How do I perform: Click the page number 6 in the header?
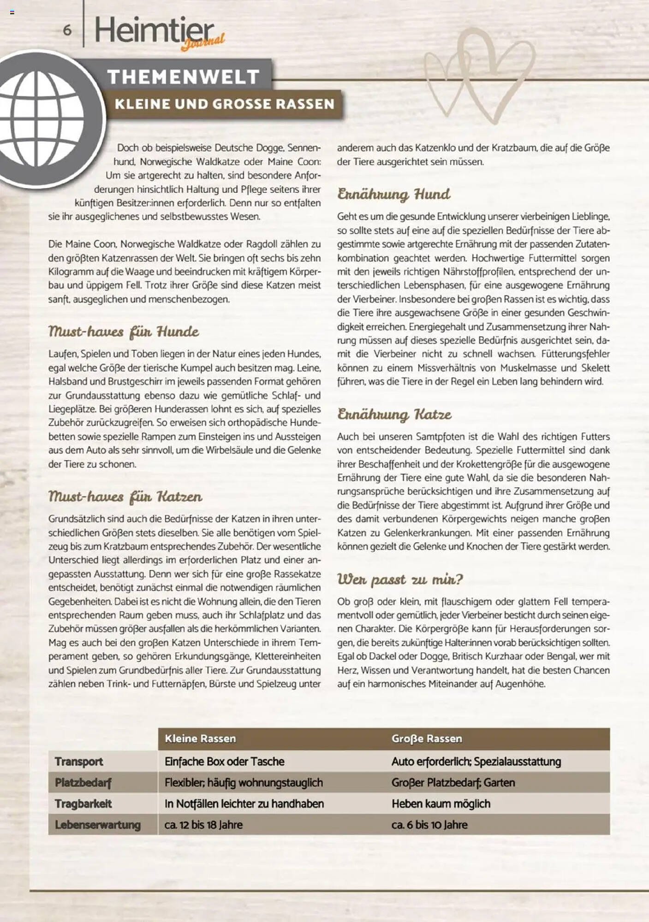[67, 30]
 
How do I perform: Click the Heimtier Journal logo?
[157, 32]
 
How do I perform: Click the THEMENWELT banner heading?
[183, 77]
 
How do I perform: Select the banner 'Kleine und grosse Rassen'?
[225, 104]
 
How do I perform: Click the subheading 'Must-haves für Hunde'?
[124, 331]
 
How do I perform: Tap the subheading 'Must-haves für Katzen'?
[125, 496]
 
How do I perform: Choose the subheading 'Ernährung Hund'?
[393, 194]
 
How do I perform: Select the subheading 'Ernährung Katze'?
[394, 414]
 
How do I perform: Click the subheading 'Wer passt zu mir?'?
[400, 579]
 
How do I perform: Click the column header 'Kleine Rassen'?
[200, 739]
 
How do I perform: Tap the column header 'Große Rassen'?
[427, 739]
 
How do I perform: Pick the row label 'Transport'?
[79, 762]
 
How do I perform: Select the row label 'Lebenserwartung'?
[98, 825]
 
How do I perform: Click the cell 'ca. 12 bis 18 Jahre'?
[203, 825]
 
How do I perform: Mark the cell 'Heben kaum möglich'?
[441, 804]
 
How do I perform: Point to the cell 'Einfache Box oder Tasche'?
[225, 762]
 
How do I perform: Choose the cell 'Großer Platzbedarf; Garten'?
[453, 782]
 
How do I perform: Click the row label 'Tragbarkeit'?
[83, 804]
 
